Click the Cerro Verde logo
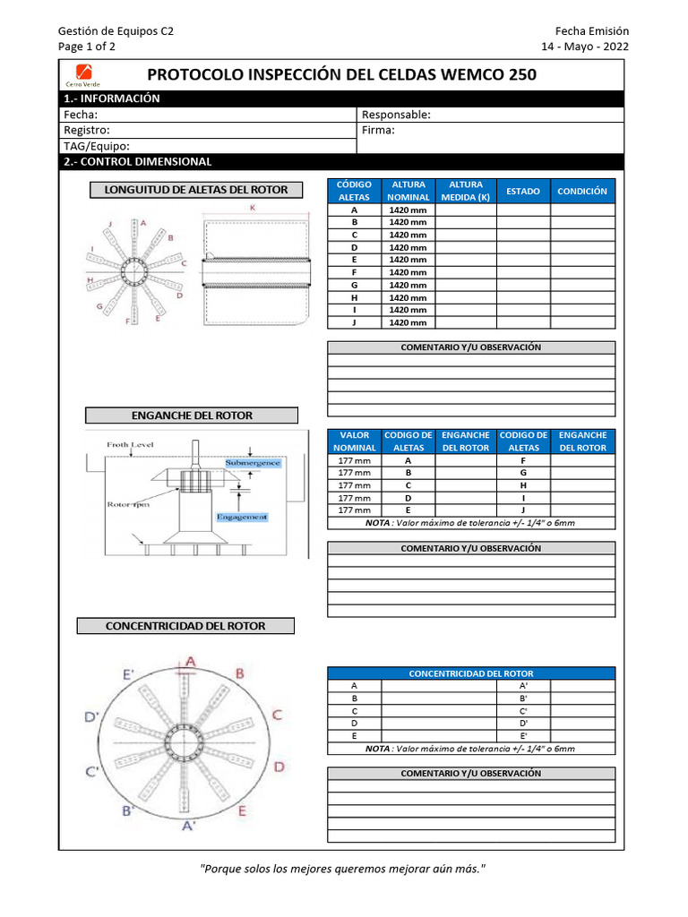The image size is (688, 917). pos(81,74)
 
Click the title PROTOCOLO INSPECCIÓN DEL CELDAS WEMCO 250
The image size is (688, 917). pos(341,74)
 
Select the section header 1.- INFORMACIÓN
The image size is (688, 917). pos(112,99)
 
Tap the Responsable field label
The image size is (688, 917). pos(396,115)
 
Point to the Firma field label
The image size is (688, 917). pos(378,130)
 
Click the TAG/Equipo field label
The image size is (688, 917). pos(97,146)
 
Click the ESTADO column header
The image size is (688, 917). pos(523,191)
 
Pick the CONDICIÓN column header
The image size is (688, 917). pos(582,191)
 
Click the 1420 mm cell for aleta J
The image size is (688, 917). pos(408,322)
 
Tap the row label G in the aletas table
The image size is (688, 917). pos(355,285)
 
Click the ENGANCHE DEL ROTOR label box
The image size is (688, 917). pos(192,416)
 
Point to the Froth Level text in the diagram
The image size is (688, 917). pos(130,444)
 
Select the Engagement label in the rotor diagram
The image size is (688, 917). pos(242,517)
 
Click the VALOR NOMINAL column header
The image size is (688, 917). pos(355,441)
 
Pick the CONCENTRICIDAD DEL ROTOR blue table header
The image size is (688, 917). pos(471,673)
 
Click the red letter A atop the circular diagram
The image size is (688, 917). pos(190,661)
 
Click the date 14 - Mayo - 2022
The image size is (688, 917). pos(585,47)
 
